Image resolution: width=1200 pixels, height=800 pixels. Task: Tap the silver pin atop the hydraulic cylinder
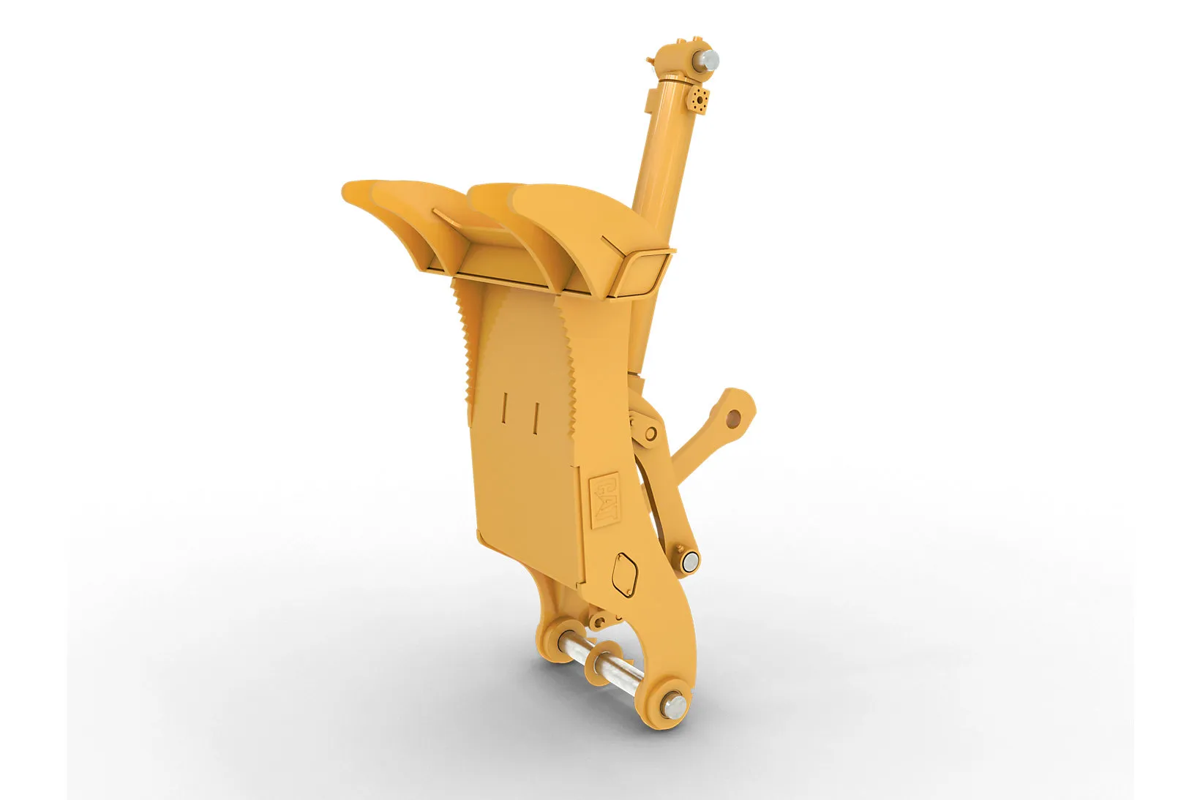tap(709, 59)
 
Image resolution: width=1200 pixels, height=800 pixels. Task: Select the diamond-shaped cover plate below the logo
tap(625, 574)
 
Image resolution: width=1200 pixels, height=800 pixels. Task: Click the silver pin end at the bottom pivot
tap(674, 706)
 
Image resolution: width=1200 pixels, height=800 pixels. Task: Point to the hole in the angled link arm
tap(735, 416)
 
